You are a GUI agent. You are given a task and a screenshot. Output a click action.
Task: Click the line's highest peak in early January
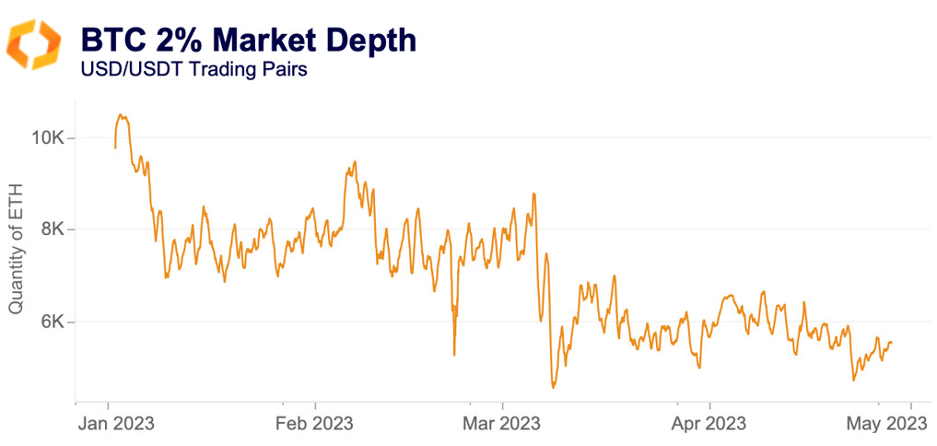coord(121,115)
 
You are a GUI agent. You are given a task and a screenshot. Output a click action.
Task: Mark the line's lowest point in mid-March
coord(553,388)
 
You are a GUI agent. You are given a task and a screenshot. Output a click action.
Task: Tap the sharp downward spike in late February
coord(454,354)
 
